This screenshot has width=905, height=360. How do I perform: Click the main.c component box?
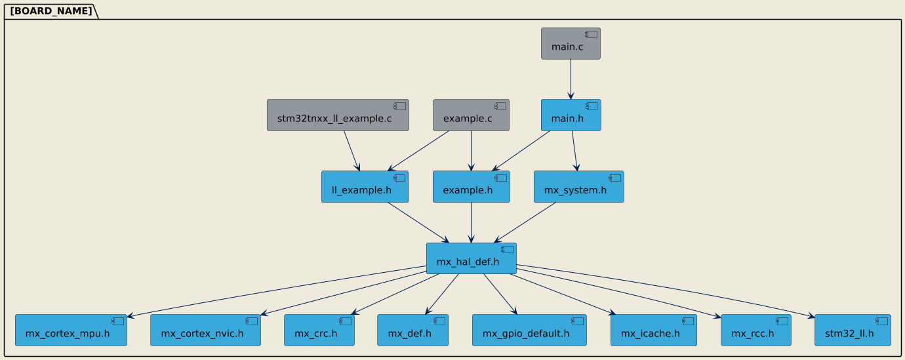point(571,44)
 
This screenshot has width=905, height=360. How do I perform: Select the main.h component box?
point(571,115)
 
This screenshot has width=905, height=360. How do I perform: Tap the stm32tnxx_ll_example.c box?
point(338,115)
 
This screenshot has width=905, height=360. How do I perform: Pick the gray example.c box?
point(471,115)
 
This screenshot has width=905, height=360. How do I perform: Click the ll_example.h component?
point(365,187)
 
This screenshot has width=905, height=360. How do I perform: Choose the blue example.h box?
point(471,187)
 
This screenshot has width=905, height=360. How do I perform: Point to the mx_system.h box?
point(578,187)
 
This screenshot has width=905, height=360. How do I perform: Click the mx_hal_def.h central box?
point(471,258)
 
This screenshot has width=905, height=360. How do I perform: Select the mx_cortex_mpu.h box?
point(71,330)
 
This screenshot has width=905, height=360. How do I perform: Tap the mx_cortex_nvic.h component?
point(206,330)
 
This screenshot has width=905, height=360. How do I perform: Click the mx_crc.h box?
point(319,330)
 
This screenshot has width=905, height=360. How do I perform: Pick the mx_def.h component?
point(412,330)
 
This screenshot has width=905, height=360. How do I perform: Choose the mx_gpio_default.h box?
point(529,330)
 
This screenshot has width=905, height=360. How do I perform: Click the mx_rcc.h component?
point(755,330)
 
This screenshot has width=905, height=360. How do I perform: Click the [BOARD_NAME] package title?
point(51,10)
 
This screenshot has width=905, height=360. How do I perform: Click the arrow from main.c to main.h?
point(571,79)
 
